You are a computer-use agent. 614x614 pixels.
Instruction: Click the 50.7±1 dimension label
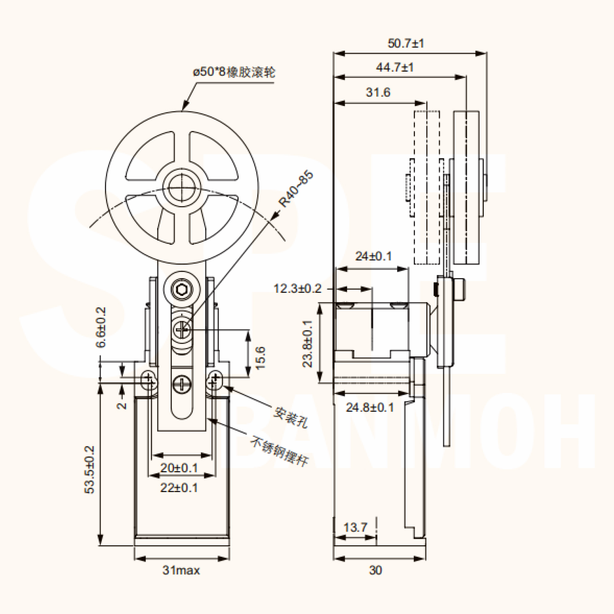[x=406, y=43]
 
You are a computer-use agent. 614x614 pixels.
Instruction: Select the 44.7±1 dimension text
[x=395, y=67]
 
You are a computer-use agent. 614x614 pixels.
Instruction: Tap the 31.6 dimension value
[x=378, y=92]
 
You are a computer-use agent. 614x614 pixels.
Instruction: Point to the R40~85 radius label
[x=296, y=189]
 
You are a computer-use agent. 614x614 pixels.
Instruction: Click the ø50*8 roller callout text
[x=234, y=72]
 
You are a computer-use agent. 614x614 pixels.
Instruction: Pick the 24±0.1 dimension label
[x=373, y=256]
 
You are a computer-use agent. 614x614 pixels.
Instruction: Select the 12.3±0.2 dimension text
[x=298, y=289]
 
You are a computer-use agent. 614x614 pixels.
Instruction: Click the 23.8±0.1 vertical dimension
[x=307, y=343]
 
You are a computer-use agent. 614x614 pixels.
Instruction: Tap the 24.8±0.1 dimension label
[x=370, y=407]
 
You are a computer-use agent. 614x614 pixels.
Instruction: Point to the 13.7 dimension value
[x=355, y=527]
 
